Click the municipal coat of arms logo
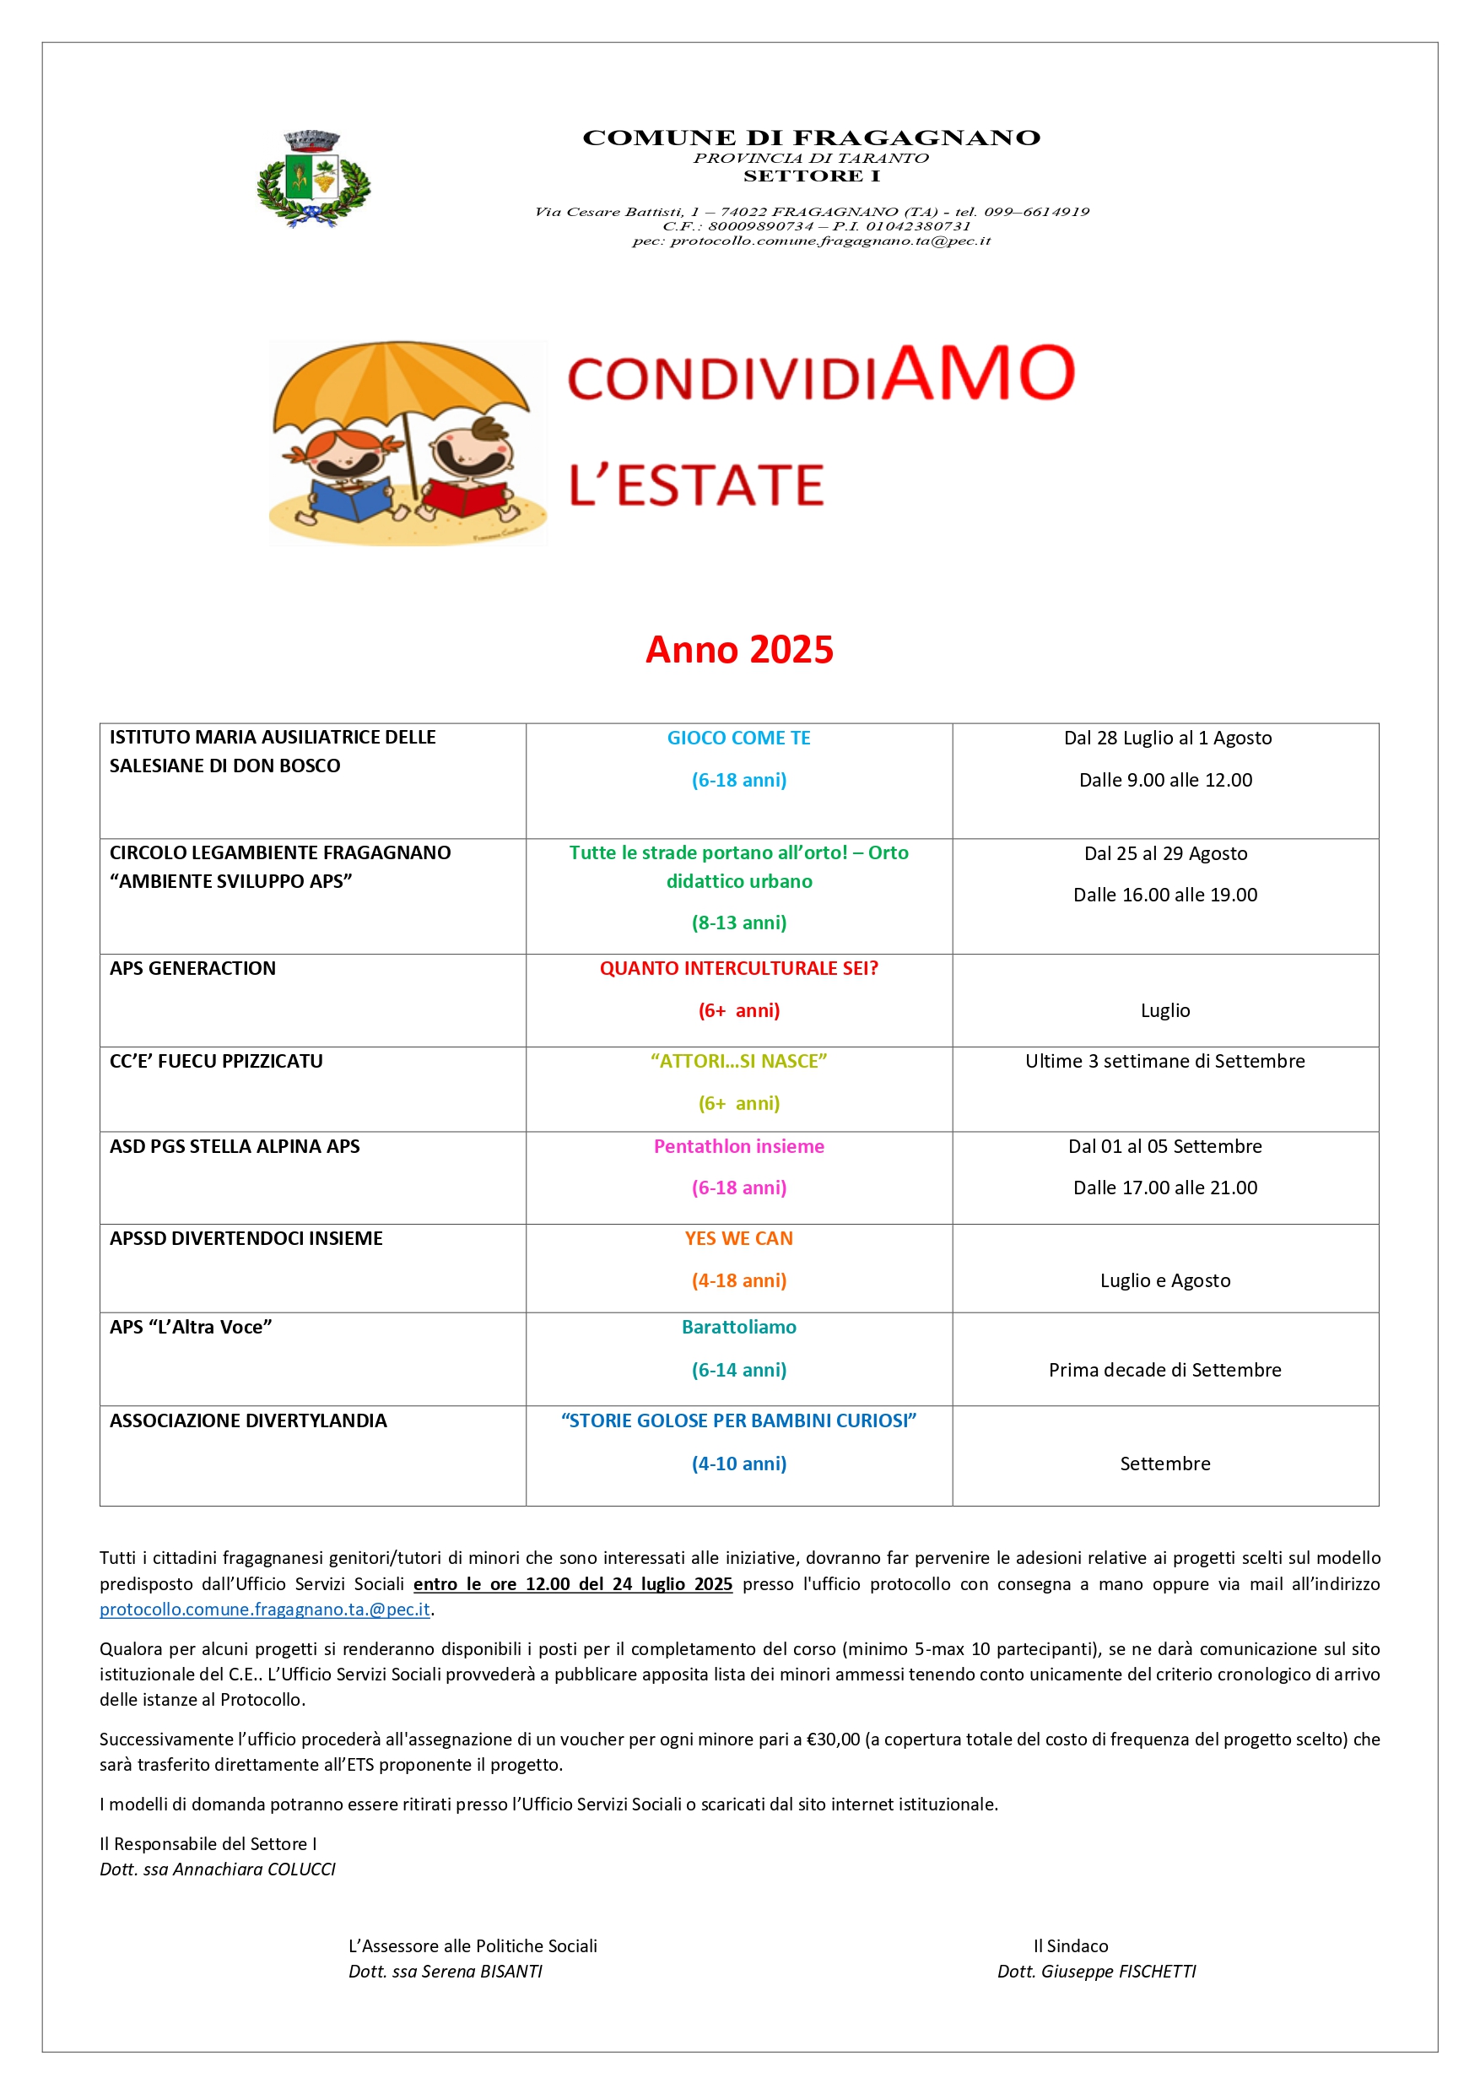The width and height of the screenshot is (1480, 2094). (313, 179)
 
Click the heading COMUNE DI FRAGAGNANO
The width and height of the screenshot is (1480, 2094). (811, 138)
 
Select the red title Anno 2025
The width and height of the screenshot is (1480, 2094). (738, 649)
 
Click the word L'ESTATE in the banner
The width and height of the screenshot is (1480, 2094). (697, 484)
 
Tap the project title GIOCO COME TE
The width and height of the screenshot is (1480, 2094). (738, 738)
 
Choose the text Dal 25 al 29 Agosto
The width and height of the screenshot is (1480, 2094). (1164, 853)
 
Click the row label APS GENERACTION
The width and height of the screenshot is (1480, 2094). (192, 969)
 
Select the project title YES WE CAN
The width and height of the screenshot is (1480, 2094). (738, 1238)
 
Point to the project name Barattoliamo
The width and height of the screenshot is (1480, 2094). (738, 1327)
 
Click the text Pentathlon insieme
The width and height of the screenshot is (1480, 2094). (738, 1146)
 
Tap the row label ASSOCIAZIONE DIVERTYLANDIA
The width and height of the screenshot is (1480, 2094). (248, 1421)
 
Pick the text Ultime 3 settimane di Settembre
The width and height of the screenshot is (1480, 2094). (1164, 1062)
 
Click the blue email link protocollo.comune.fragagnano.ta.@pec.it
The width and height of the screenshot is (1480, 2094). (264, 1610)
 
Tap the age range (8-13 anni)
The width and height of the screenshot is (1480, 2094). (738, 923)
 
